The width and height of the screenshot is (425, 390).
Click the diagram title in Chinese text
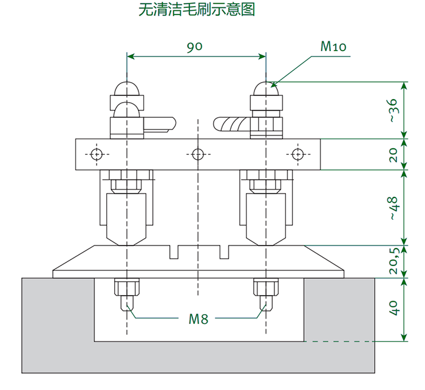[x=196, y=10]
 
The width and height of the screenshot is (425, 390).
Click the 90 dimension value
[x=194, y=47]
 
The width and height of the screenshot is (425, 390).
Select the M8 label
[x=198, y=318]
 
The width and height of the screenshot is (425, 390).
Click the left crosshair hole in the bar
[x=96, y=154]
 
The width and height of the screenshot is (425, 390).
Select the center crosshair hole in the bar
[x=196, y=154]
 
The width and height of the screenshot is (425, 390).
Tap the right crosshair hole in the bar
[x=297, y=154]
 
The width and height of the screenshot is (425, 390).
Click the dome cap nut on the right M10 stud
[x=266, y=89]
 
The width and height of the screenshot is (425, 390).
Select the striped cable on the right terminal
[x=233, y=125]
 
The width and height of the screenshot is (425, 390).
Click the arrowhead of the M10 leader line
[x=273, y=84]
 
